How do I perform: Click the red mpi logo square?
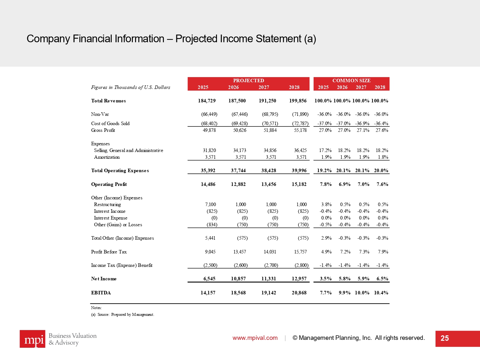tap(32, 339)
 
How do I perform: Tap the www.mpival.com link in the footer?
tap(255, 338)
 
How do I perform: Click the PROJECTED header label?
tap(248, 81)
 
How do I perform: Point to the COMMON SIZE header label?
tap(351, 81)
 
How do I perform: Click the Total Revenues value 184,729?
tap(207, 101)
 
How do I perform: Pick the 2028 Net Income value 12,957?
tap(299, 279)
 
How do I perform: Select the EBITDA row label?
tap(101, 293)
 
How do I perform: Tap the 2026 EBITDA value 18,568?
tap(238, 293)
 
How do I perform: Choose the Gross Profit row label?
tap(103, 130)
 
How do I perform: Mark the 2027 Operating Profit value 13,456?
tap(268, 184)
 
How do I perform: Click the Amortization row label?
tap(107, 157)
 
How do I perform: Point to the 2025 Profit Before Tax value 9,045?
tap(210, 252)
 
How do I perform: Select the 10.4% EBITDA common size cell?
tap(381, 293)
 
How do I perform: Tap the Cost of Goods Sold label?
tap(110, 124)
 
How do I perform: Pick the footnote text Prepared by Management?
tap(132, 315)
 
